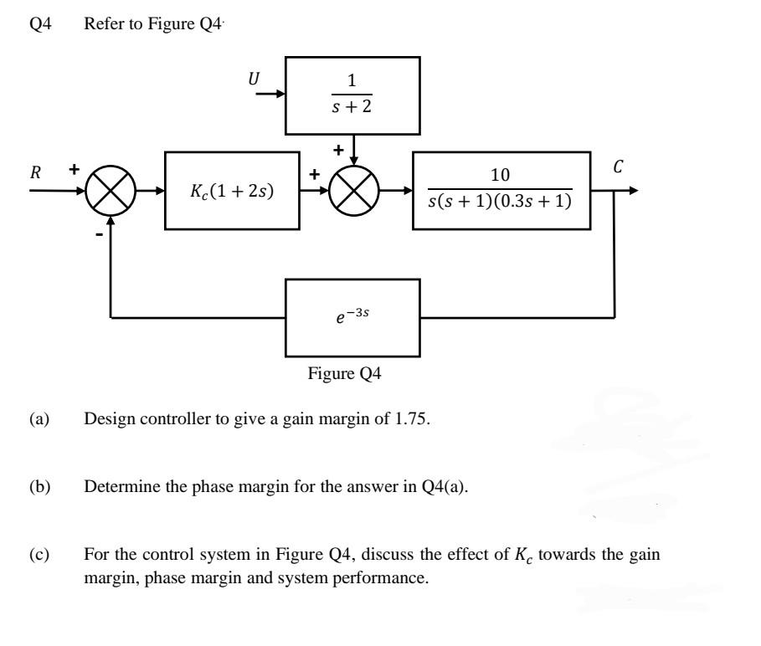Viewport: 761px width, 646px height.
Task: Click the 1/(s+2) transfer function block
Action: click(x=352, y=95)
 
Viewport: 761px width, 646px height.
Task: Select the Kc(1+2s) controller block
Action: click(x=232, y=191)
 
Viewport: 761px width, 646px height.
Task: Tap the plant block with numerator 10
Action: click(x=500, y=191)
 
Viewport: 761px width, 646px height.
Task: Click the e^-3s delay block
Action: click(x=352, y=317)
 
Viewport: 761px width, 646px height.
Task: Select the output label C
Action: click(x=618, y=167)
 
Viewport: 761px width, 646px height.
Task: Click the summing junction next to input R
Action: click(x=110, y=191)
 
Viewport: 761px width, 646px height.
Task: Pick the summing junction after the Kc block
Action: click(x=352, y=191)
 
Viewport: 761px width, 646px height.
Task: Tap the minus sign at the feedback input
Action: click(x=99, y=236)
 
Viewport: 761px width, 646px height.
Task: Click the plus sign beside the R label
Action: click(x=74, y=169)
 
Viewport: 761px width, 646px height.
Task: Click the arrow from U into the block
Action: click(x=269, y=95)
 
